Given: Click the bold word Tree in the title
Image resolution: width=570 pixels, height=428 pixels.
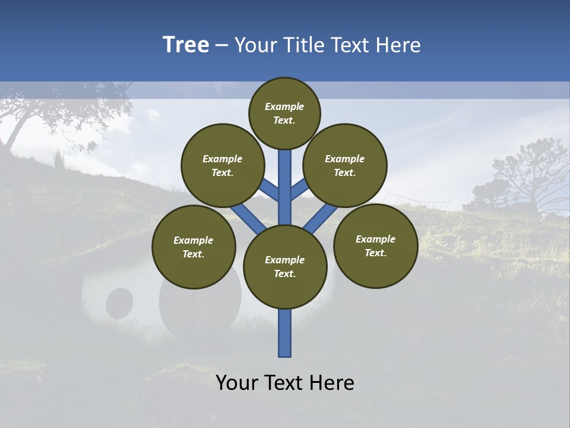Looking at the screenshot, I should [186, 45].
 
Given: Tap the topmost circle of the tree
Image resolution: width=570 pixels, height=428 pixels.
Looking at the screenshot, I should [284, 113].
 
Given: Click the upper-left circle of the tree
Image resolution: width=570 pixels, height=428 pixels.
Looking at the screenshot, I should [223, 165].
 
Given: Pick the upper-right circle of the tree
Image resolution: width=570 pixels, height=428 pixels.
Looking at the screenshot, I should [345, 165].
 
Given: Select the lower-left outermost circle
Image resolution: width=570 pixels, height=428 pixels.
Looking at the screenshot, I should [194, 247].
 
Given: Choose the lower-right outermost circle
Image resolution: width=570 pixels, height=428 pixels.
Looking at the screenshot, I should [375, 246].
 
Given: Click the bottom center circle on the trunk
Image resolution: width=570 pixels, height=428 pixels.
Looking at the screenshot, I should [285, 267].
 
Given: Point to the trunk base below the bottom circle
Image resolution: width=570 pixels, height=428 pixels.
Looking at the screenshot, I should [285, 333].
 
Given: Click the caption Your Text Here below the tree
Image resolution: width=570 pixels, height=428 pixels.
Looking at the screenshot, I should [285, 382].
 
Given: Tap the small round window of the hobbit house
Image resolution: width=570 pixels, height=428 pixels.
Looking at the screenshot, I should [119, 303].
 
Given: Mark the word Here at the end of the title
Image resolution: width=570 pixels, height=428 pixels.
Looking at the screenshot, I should [398, 45].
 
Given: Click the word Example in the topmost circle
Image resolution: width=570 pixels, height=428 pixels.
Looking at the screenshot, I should [284, 106].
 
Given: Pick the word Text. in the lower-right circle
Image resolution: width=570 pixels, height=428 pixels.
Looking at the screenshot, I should [375, 253].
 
